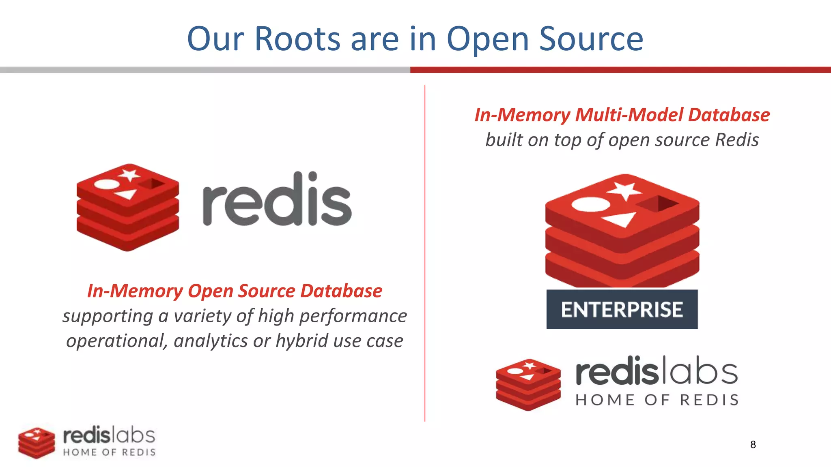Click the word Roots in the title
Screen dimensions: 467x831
click(297, 39)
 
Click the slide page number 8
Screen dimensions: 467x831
click(753, 445)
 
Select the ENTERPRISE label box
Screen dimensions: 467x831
click(622, 309)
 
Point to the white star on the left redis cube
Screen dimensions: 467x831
click(129, 175)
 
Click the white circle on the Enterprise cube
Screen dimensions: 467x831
click(590, 204)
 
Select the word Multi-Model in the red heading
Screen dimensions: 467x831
click(629, 115)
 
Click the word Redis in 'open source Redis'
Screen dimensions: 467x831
click(736, 140)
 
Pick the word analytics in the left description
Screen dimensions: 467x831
click(211, 341)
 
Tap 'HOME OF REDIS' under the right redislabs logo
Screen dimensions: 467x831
click(657, 400)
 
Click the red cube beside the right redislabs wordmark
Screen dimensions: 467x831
click(528, 384)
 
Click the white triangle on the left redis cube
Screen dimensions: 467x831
click(126, 194)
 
